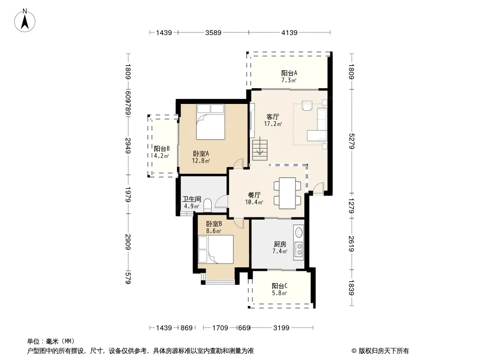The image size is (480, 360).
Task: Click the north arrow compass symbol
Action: [x=25, y=21]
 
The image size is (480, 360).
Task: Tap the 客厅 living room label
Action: [x=273, y=117]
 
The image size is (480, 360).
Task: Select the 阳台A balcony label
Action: [x=289, y=73]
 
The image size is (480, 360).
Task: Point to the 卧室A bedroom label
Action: [x=201, y=153]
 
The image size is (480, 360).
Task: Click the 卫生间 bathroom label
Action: [x=192, y=199]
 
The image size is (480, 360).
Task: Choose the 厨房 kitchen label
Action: [x=280, y=244]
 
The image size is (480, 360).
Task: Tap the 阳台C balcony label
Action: [x=280, y=286]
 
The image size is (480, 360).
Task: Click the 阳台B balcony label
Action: [x=162, y=148]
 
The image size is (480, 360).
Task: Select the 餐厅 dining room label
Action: [x=254, y=195]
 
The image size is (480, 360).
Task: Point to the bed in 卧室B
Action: [x=216, y=249]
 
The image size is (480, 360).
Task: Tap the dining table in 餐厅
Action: [x=287, y=193]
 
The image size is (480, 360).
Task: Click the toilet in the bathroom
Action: [x=208, y=205]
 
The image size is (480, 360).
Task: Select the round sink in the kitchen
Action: [x=299, y=232]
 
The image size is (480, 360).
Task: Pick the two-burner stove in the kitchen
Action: [x=299, y=249]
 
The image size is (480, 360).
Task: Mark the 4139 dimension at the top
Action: [x=289, y=32]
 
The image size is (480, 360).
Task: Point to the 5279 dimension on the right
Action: [x=351, y=141]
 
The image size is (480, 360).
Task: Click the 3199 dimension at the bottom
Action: [x=281, y=328]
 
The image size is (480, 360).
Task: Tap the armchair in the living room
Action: [x=307, y=105]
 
